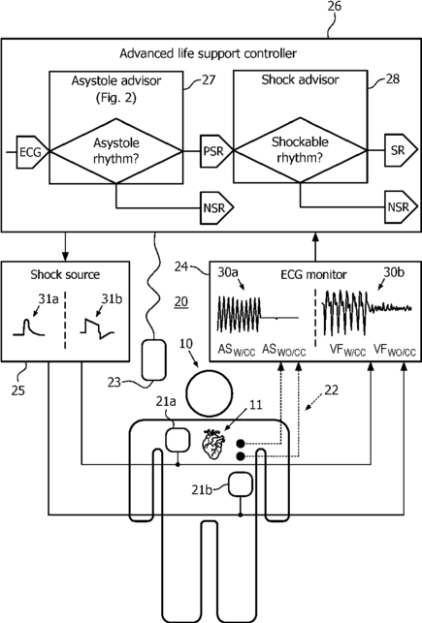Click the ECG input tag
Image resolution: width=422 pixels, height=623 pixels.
point(32,152)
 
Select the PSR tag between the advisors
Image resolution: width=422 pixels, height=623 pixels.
point(215,151)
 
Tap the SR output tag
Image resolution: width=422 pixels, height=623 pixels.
point(400,150)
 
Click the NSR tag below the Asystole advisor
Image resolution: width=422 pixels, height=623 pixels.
point(216,207)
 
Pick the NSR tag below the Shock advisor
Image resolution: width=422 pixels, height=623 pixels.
point(401,207)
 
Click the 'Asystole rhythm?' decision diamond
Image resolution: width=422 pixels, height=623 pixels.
point(116,151)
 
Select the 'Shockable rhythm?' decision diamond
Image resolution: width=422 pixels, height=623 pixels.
point(300,150)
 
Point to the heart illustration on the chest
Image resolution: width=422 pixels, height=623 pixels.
point(213,444)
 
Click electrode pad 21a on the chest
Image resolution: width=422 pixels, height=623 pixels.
point(178,440)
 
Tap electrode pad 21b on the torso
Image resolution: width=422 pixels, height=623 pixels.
point(241,483)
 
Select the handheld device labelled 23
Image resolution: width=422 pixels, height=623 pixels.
point(154,359)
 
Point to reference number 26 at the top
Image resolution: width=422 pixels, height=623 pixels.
point(334,7)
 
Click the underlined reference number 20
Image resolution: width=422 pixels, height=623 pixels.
point(181,302)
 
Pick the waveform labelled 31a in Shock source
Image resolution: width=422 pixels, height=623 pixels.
point(29,327)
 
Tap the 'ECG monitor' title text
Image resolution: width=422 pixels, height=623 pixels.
point(313,274)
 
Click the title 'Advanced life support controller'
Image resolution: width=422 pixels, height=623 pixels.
point(208,53)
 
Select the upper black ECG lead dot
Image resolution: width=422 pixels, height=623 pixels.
point(241,444)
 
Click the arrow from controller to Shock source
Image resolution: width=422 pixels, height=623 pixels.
point(66,246)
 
